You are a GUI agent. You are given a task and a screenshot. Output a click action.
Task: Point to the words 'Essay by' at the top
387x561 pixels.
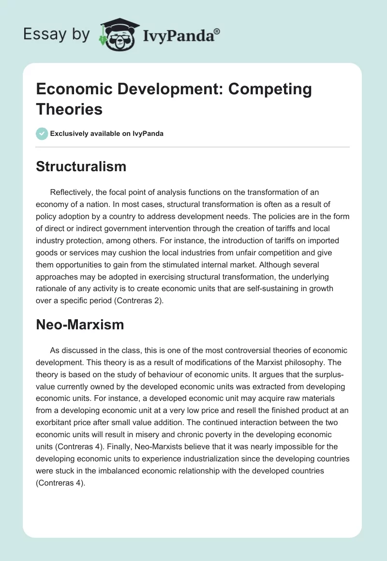57,34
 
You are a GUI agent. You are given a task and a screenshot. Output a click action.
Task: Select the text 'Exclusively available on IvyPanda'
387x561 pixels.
106,133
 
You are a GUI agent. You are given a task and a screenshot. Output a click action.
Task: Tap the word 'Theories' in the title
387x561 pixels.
70,109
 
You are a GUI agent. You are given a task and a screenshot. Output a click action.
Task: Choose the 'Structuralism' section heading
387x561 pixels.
81,167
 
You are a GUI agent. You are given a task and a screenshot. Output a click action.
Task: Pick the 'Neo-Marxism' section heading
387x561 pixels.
80,325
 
